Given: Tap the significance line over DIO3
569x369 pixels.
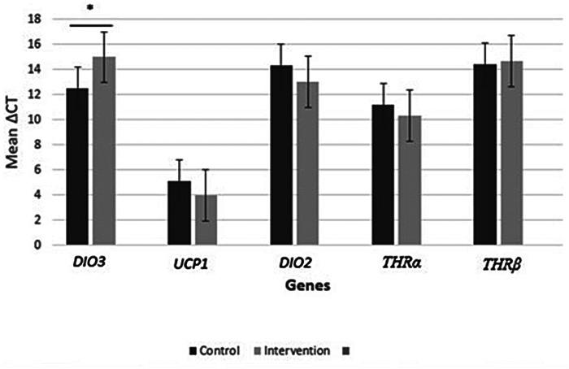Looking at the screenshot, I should [90, 25].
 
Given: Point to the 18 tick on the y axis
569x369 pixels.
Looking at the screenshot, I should [39, 19].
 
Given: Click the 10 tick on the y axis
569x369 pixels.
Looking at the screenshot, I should [39, 119].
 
